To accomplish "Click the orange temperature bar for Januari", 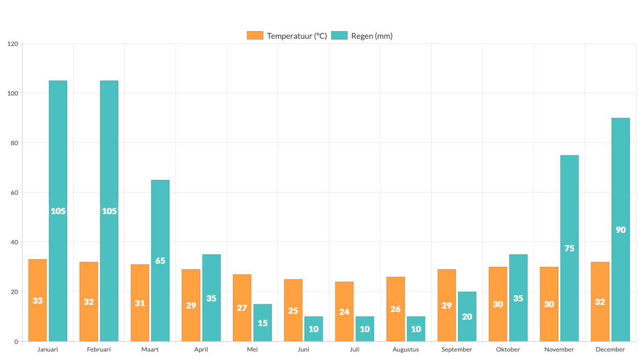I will (x=37, y=300).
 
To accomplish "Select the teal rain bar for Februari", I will (x=109, y=211).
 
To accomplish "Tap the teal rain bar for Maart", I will (x=160, y=260).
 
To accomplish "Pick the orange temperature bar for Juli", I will (x=344, y=312).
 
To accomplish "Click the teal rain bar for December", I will (x=620, y=229).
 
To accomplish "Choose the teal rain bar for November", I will (x=569, y=248).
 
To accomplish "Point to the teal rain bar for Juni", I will (x=314, y=329).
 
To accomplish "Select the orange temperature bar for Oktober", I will (x=498, y=304).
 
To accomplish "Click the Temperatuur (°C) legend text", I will (x=297, y=36).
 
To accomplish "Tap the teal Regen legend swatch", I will (x=339, y=36).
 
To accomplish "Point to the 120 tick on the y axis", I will (x=13, y=44).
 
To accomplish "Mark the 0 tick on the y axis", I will (x=16, y=341).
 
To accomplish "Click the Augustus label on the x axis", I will (x=406, y=349).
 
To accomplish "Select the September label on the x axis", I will (x=457, y=349).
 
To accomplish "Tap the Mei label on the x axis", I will (x=252, y=349).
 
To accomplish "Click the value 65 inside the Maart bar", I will (x=160, y=261).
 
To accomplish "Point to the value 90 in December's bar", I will (x=620, y=230).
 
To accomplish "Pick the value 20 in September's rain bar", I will (x=467, y=317).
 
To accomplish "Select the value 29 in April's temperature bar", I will (x=191, y=305).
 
